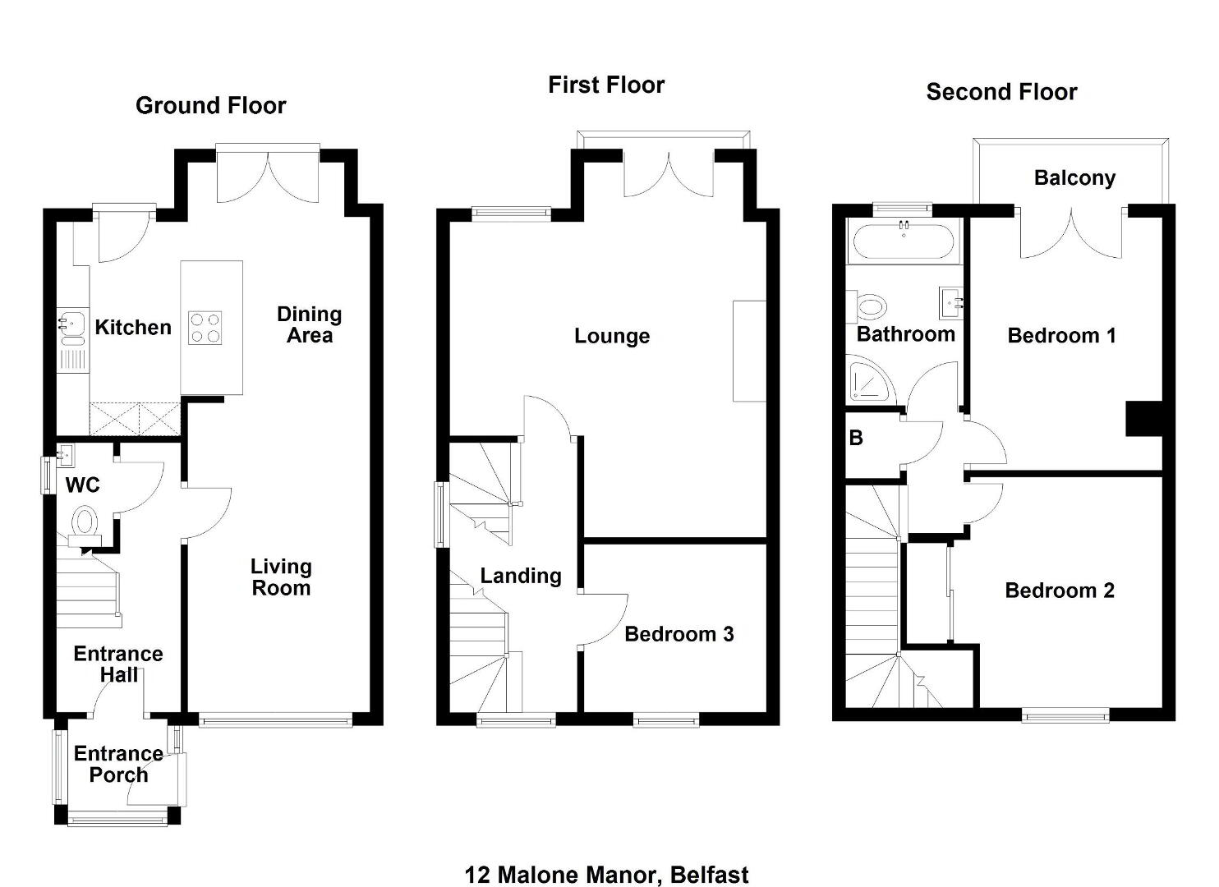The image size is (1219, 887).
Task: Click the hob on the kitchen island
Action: (205, 329)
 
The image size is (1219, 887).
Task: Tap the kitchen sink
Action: (72, 329)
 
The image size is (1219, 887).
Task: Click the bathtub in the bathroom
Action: (904, 242)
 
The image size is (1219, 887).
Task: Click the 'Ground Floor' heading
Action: (210, 106)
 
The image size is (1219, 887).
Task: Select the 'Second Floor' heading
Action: (1001, 92)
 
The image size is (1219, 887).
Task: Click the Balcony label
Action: (1074, 178)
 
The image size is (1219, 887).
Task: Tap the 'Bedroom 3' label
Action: (678, 634)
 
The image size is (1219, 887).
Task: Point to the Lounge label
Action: (612, 336)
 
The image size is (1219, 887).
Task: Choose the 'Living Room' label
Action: (281, 577)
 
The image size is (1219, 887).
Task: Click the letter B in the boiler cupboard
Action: (856, 438)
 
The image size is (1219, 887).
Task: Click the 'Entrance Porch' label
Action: (118, 764)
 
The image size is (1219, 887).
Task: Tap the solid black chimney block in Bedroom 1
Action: (1144, 419)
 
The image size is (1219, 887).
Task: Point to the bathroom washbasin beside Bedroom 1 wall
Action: (950, 303)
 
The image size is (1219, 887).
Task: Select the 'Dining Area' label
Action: (309, 324)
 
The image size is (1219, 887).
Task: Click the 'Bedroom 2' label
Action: (1060, 591)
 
